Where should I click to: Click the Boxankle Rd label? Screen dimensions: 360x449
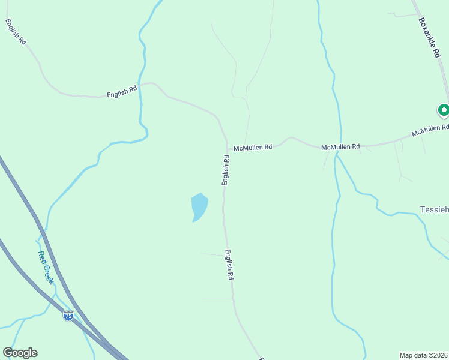[429, 37]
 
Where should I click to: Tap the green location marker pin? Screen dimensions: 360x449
[444, 110]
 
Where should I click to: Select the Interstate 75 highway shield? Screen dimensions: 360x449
[68, 316]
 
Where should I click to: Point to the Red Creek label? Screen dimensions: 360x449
[46, 267]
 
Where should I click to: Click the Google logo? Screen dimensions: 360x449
[20, 353]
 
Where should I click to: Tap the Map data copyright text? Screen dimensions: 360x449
[423, 355]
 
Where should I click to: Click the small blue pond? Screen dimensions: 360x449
[199, 206]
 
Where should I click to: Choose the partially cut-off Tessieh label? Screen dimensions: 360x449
[433, 209]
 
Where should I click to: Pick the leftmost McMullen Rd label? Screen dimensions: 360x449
[253, 147]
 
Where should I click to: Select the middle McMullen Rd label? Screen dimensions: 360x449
[340, 146]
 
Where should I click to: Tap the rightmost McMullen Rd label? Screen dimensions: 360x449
[430, 130]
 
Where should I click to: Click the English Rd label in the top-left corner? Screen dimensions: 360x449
[16, 31]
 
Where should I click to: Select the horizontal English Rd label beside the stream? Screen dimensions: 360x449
[122, 92]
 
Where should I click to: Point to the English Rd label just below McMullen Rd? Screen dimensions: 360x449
[226, 170]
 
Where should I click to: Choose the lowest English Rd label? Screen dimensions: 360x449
[229, 265]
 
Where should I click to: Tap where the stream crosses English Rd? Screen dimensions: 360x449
[142, 85]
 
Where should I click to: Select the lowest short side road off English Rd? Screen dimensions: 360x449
[216, 298]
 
